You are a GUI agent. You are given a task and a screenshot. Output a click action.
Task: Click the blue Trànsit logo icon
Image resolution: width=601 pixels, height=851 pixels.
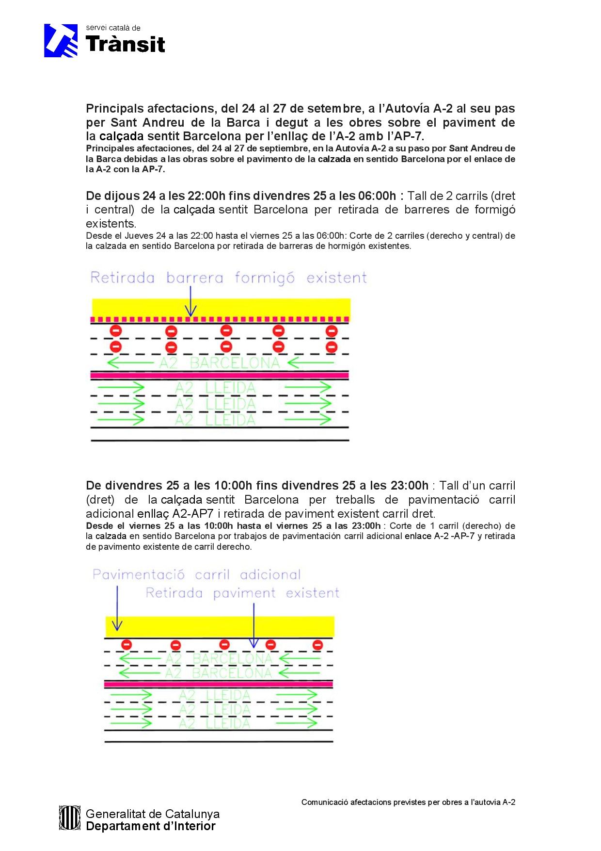pos(61,41)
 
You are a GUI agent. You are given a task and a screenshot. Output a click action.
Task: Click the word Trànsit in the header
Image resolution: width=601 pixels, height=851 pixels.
pos(126,44)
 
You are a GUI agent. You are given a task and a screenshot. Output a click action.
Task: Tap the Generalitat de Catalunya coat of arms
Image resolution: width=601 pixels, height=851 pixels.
pos(69,818)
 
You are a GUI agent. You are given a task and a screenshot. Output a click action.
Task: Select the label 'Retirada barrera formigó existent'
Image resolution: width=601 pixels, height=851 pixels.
pos(228,278)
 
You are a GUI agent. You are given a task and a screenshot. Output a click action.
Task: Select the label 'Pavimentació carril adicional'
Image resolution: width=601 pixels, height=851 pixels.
pos(196,575)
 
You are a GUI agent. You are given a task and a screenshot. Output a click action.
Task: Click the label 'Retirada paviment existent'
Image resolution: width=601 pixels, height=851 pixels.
pos(242,593)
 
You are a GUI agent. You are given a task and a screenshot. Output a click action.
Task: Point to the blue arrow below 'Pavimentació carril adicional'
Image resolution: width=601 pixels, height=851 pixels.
pos(117,608)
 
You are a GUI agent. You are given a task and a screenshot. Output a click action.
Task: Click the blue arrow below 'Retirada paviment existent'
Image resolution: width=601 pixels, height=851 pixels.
pos(253,626)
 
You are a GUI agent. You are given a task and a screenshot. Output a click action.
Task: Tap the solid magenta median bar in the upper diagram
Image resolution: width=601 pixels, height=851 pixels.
pos(220,375)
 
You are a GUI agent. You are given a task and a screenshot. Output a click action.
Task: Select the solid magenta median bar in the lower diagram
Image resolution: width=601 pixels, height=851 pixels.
pos(218,684)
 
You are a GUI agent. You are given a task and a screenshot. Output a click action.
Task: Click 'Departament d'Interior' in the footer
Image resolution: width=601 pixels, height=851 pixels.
pos(150,826)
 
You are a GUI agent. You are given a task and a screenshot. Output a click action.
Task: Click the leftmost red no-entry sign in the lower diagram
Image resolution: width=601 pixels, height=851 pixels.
pos(127,645)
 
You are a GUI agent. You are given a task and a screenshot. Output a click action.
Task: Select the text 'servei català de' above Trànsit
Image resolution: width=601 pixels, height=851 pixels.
pos(113,28)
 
